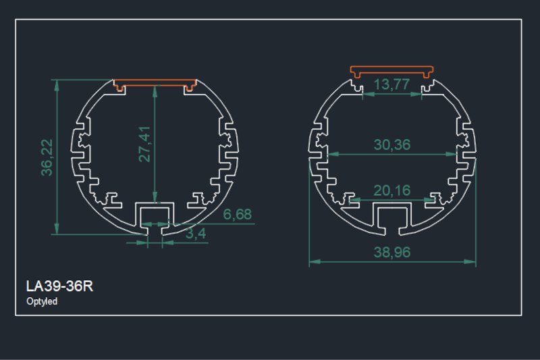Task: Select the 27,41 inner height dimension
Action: tap(144, 144)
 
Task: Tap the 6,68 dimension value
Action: tap(237, 215)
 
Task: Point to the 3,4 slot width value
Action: tap(196, 234)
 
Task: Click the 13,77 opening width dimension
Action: tap(391, 84)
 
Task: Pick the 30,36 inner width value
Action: tap(391, 145)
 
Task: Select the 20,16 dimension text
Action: tap(391, 191)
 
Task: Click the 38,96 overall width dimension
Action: tap(391, 253)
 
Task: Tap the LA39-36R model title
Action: tap(59, 286)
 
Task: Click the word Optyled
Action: tap(42, 302)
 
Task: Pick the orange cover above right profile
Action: tap(392, 70)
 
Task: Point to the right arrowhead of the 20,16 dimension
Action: tap(431, 199)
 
